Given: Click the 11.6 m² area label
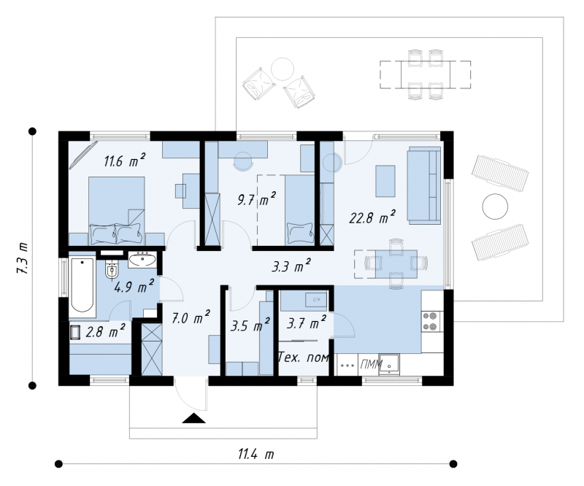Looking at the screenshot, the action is pos(124,160).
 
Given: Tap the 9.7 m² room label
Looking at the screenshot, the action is pos(257,199).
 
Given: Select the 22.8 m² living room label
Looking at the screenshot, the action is pos(372,217).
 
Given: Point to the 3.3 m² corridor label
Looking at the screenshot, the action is pos(291,266).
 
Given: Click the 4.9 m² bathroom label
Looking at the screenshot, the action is pos(134,286).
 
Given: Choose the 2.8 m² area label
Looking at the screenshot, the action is pos(105,331).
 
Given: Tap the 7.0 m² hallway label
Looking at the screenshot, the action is pos(191,317).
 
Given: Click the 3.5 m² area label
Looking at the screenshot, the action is pos(250,325).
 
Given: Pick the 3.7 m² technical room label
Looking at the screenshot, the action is pos(307,323).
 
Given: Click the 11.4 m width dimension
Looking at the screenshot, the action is pos(256,455).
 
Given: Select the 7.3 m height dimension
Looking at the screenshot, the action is pos(22,258).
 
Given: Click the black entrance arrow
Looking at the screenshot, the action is pos(193,418).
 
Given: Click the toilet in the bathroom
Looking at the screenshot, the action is pos(112,269).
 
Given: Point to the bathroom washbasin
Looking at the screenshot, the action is pos(142,260).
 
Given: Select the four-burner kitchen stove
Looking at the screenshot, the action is pos(431,321).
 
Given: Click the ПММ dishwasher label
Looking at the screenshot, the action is pos(371,364).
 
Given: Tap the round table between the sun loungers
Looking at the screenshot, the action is pos(495,207).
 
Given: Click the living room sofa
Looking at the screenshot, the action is pos(424,185).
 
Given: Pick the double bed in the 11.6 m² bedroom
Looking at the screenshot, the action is pos(116,210).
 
